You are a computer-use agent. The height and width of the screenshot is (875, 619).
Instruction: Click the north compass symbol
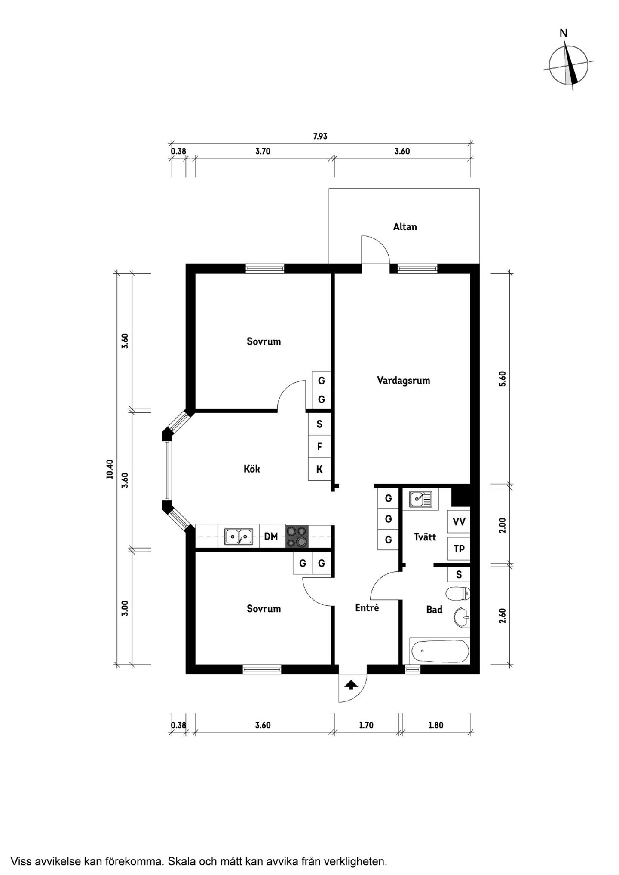pyautogui.click(x=569, y=64)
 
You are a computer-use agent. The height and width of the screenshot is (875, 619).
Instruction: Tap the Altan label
pyautogui.click(x=405, y=227)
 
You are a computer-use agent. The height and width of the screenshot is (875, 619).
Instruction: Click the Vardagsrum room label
pyautogui.click(x=403, y=381)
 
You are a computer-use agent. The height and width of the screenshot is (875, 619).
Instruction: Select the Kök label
pyautogui.click(x=252, y=469)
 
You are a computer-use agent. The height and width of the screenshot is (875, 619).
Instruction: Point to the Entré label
pyautogui.click(x=367, y=608)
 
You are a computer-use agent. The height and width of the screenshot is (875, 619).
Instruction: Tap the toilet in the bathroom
pyautogui.click(x=458, y=594)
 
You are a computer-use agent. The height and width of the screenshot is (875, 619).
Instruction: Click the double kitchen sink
pyautogui.click(x=239, y=537)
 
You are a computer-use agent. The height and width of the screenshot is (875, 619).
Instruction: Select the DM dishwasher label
pyautogui.click(x=271, y=536)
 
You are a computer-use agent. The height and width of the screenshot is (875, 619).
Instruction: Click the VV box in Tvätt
pyautogui.click(x=459, y=522)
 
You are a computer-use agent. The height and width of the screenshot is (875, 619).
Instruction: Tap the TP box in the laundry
pyautogui.click(x=459, y=549)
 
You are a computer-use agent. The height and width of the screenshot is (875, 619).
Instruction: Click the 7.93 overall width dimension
pyautogui.click(x=320, y=137)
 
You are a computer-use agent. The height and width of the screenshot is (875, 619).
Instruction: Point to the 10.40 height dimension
pyautogui.click(x=110, y=469)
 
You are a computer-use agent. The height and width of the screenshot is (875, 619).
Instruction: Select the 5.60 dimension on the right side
pyautogui.click(x=503, y=379)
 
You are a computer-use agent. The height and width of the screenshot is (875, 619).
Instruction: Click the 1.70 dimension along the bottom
pyautogui.click(x=366, y=725)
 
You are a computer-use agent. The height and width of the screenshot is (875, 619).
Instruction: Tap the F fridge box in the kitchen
pyautogui.click(x=319, y=447)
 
